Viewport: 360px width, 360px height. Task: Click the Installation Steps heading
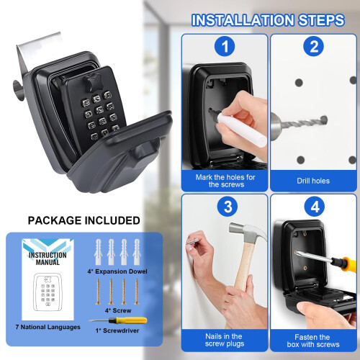pyautogui.click(x=267, y=19)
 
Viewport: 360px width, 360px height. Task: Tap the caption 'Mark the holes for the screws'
pyautogui.click(x=224, y=180)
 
